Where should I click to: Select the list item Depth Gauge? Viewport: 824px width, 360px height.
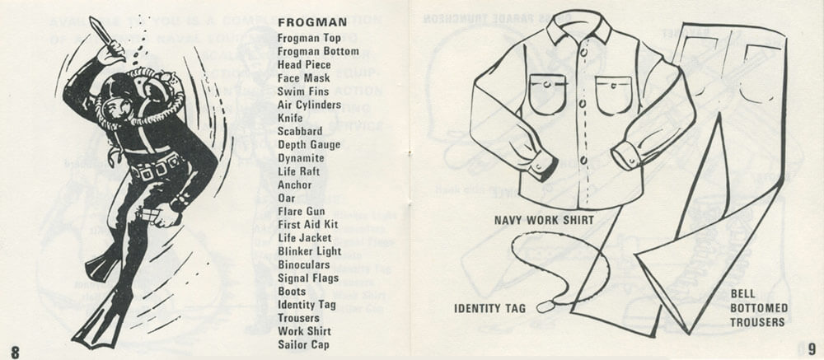click(x=309, y=145)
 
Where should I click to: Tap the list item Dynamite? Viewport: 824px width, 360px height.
click(x=301, y=158)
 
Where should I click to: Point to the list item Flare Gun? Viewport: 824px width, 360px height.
click(x=301, y=212)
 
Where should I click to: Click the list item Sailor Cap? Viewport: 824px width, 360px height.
click(x=303, y=344)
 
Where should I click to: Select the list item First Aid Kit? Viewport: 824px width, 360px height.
click(x=307, y=225)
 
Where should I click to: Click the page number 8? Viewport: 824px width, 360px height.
click(x=14, y=348)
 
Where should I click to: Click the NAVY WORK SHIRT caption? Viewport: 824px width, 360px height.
click(x=543, y=221)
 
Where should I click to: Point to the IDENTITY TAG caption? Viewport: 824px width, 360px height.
click(x=489, y=309)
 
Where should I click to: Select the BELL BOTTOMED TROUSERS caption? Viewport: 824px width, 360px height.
click(x=759, y=308)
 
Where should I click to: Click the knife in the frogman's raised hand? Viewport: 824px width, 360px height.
click(x=101, y=33)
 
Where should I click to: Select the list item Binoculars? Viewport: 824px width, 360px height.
click(x=304, y=265)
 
